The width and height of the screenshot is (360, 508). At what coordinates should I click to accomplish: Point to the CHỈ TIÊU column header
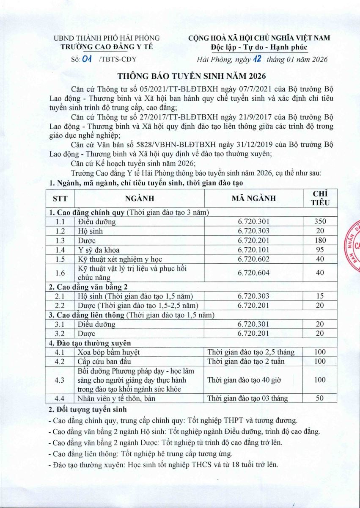(x=320, y=198)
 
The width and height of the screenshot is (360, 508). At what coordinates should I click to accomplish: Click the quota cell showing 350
(x=320, y=221)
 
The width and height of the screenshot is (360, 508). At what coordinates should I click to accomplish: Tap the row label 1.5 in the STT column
(x=60, y=259)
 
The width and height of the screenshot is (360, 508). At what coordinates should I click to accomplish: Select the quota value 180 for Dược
(x=320, y=240)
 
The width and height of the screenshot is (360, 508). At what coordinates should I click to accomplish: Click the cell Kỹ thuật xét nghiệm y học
(x=120, y=259)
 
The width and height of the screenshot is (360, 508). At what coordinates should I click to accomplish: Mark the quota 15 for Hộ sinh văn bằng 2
(x=320, y=296)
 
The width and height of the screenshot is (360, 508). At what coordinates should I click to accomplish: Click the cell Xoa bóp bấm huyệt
(x=109, y=352)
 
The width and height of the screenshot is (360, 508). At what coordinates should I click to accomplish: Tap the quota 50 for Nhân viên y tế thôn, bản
(x=320, y=398)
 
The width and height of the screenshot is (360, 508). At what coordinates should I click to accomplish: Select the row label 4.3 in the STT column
(x=60, y=380)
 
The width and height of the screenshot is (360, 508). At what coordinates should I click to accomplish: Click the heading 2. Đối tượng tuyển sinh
(x=88, y=410)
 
